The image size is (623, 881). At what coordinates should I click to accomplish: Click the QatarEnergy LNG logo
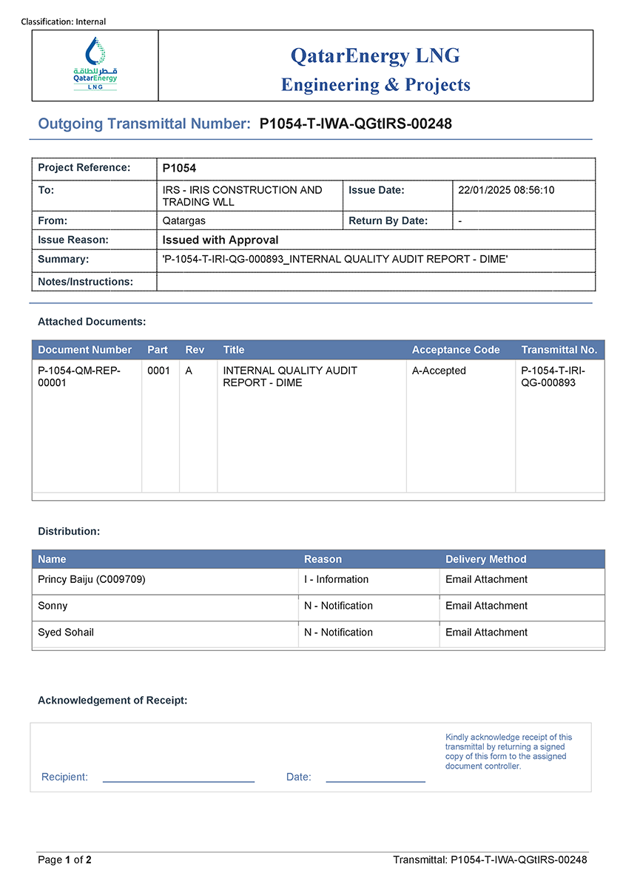pos(95,65)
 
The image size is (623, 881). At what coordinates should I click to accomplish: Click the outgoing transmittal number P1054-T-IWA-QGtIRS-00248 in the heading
pos(355,124)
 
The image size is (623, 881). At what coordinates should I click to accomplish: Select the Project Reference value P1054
pos(179,168)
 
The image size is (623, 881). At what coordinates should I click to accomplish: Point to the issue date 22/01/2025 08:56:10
pos(506,190)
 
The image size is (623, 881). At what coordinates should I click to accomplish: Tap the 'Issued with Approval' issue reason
pos(220,240)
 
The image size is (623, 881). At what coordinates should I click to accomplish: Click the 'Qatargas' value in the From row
pos(184,220)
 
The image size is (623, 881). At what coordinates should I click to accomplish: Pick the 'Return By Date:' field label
pos(388,220)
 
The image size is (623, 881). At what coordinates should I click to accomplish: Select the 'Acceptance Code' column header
pos(456,350)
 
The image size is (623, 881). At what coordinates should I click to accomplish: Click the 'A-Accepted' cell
pos(439,371)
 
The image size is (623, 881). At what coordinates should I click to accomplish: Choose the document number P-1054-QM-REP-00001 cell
pos(79,377)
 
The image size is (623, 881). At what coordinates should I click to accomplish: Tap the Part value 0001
pos(159,371)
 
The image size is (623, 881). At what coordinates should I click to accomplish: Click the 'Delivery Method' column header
pos(485,559)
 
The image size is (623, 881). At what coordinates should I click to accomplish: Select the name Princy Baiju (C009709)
pos(92,579)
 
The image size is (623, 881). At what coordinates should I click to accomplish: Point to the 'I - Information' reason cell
pos(336,579)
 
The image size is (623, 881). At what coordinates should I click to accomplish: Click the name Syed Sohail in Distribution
pos(66,632)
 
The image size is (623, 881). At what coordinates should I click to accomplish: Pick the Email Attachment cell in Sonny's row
pos(486,606)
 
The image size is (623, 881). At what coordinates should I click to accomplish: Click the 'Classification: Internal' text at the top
pos(64,21)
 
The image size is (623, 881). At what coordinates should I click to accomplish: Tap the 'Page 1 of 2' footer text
pos(65,860)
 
